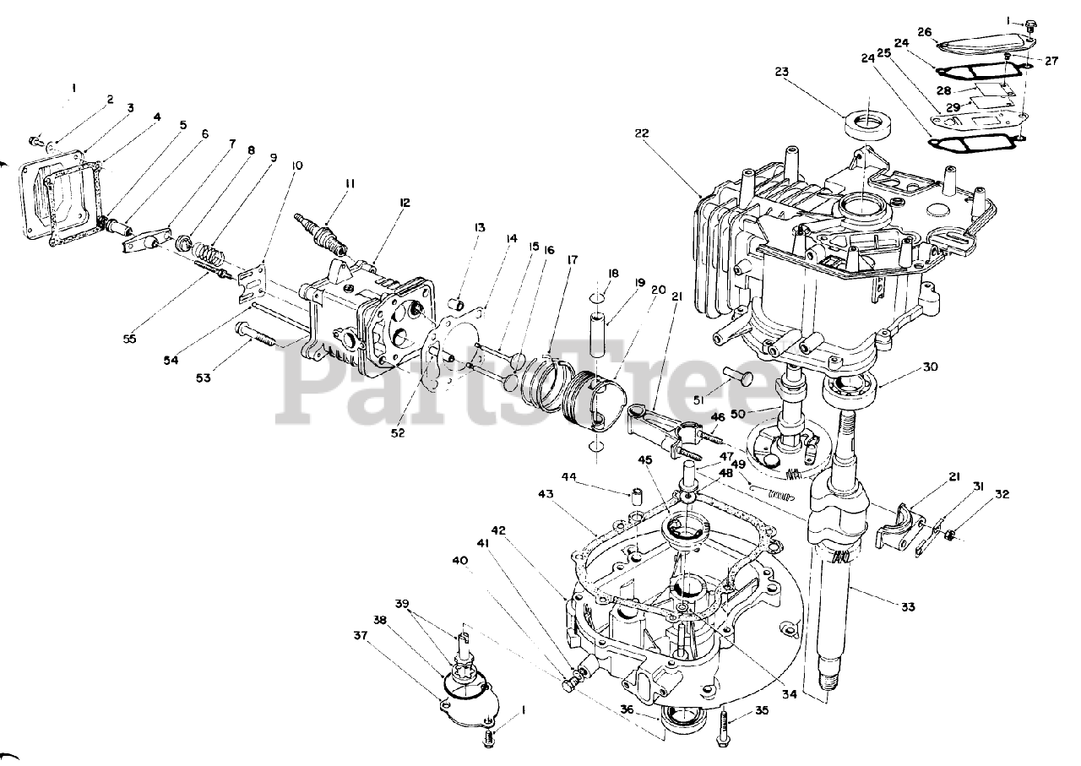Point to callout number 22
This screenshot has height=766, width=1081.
643,133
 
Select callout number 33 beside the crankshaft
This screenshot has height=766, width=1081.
908,606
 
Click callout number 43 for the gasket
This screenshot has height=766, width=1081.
546,494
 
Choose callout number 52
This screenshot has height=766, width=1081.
398,433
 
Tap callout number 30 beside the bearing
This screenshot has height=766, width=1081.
931,367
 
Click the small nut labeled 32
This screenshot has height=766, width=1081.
950,533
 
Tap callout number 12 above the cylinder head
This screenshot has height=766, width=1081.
405,203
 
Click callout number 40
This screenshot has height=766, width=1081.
459,561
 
